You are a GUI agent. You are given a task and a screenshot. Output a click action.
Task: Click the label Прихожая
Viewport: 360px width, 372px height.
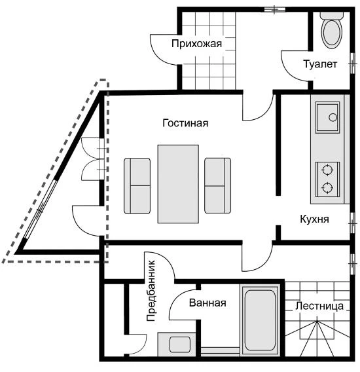click(x=196, y=44)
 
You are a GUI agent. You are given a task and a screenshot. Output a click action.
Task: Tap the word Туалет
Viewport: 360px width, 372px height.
click(x=320, y=64)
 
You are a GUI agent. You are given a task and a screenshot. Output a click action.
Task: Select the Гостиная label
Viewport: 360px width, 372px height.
click(x=185, y=123)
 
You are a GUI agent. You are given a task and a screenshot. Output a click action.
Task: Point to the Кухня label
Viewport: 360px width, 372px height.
click(x=314, y=219)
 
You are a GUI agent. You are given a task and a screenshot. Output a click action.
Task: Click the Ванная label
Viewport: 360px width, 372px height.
click(x=207, y=303)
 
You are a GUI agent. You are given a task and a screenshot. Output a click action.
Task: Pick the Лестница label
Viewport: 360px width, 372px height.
click(x=319, y=306)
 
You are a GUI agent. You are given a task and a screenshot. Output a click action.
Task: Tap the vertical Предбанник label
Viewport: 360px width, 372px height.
click(x=151, y=291)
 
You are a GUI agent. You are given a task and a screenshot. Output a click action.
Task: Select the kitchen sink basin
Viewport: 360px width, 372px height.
click(x=327, y=117)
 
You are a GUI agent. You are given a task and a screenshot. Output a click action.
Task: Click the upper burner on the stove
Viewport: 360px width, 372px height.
click(x=327, y=170)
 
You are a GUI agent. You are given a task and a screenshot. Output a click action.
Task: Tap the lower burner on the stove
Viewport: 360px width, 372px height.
click(x=327, y=188)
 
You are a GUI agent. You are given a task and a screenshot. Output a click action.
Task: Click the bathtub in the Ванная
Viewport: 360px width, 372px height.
click(x=260, y=320)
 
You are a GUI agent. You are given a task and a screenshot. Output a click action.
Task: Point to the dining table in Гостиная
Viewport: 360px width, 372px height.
click(x=178, y=184)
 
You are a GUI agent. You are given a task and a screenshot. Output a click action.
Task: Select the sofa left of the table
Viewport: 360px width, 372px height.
click(x=137, y=186)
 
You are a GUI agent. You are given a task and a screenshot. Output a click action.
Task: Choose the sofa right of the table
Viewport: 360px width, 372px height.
click(x=217, y=185)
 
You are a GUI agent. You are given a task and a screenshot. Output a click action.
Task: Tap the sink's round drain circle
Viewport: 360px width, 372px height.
click(x=333, y=117)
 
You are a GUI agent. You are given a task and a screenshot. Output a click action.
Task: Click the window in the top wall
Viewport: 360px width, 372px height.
click(x=275, y=9)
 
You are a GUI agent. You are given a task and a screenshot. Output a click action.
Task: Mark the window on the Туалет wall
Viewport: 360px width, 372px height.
click(x=353, y=64)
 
